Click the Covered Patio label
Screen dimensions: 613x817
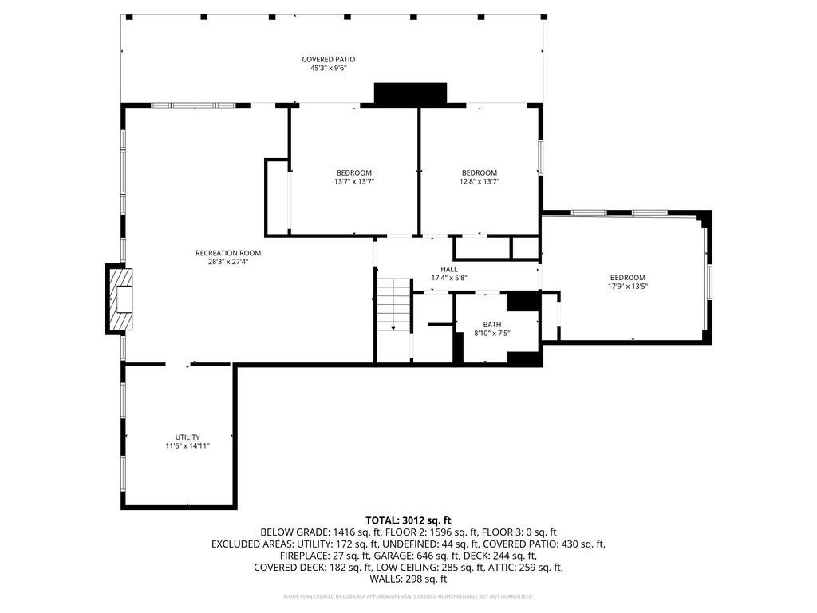pos(328,59)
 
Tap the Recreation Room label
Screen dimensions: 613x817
pos(228,253)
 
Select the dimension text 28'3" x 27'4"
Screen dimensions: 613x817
pos(228,262)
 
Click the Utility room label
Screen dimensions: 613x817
pos(187,437)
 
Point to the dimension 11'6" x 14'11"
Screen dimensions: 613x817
pos(187,445)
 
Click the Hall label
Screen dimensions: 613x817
pos(448,269)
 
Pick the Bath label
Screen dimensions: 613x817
pos(492,324)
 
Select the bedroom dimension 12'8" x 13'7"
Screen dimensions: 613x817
pos(480,181)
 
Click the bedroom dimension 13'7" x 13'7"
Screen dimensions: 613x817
pos(353,181)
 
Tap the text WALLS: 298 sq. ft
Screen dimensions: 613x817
pos(408,579)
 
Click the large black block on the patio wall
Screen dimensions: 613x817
pos(410,93)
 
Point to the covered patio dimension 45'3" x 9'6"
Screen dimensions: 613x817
pos(328,69)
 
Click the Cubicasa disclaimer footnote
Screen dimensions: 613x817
pos(408,596)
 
